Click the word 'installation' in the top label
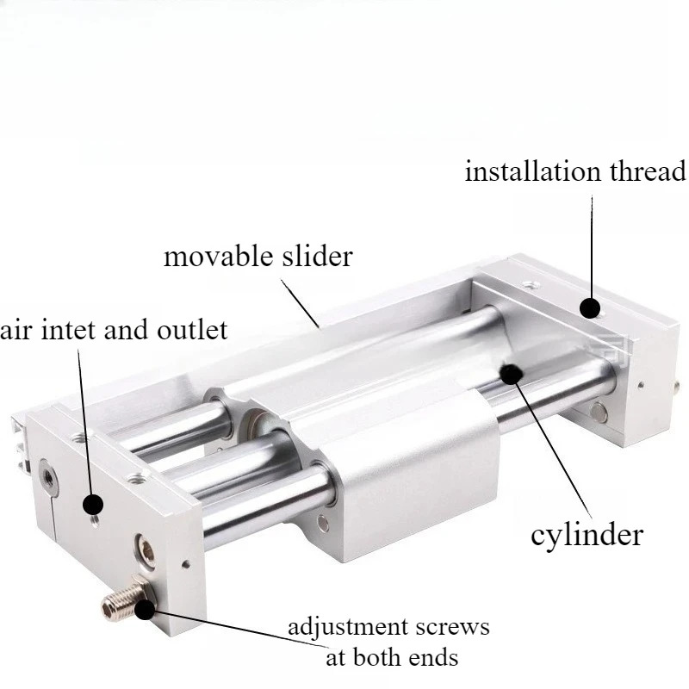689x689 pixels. [532, 171]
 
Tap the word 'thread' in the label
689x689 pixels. [648, 171]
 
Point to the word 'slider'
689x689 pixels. [317, 256]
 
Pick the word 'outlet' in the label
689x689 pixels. [192, 330]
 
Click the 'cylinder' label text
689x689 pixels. [587, 536]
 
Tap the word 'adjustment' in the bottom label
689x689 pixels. [348, 627]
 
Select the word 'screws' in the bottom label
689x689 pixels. [453, 627]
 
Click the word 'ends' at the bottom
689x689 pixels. [433, 658]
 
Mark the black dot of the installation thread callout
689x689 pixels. [590, 307]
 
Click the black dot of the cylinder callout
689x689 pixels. [511, 375]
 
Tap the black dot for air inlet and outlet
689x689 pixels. [93, 504]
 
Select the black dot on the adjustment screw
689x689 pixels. [145, 610]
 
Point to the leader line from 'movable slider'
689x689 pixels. [300, 303]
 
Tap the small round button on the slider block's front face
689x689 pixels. [324, 523]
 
